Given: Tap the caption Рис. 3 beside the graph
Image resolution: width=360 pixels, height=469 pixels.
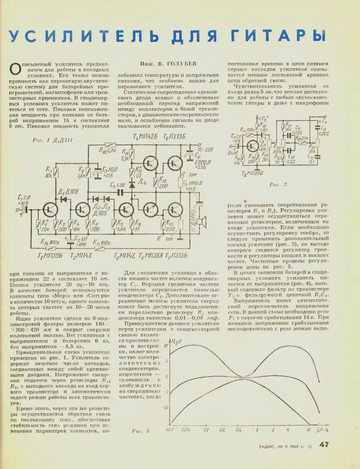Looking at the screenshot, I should (140, 431).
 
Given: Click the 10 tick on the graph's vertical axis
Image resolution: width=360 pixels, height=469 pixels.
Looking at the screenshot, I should (166, 346).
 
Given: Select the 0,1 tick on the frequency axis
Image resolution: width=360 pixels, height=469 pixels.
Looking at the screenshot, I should (207, 429).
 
